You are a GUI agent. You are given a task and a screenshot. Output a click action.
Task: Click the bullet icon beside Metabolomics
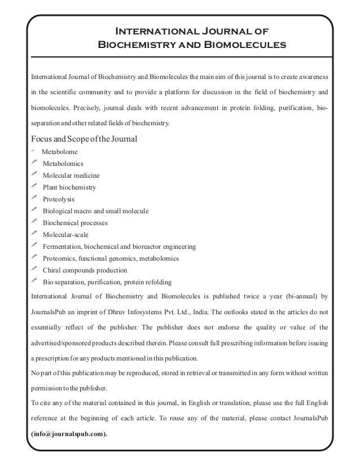(34, 163)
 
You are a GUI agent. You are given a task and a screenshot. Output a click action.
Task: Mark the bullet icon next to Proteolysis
(34, 199)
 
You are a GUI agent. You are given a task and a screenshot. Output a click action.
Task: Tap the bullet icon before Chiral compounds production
(34, 270)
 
